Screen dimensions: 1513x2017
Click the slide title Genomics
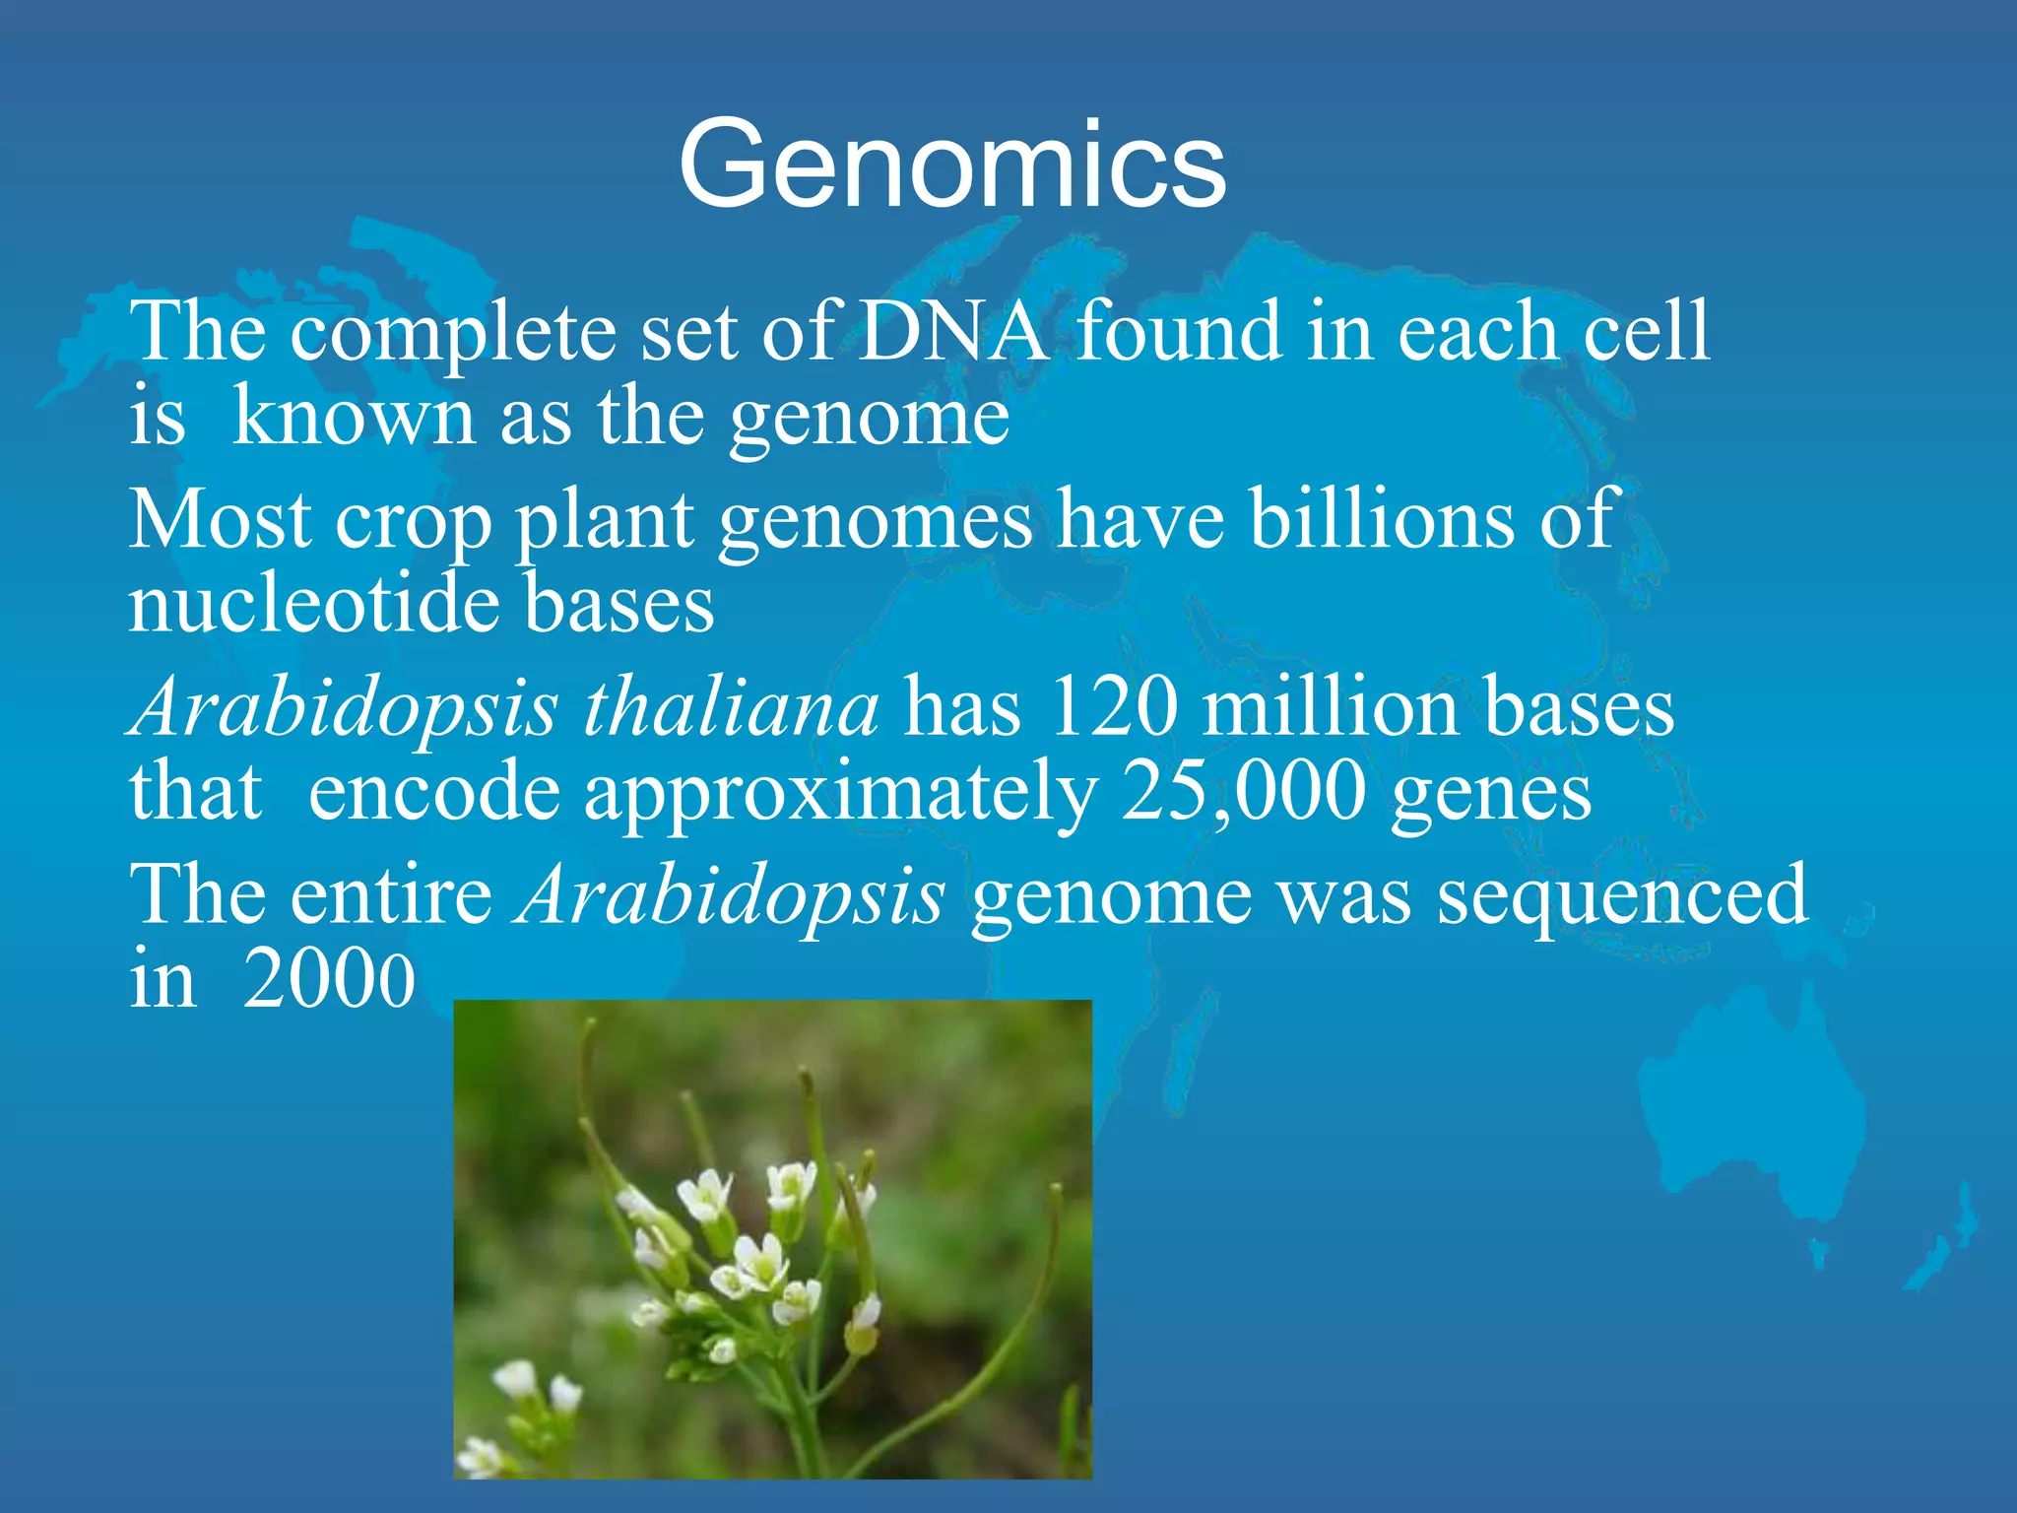pyautogui.click(x=951, y=164)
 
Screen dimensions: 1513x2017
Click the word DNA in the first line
pyautogui.click(x=951, y=332)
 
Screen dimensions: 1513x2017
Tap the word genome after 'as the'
pyautogui.click(x=869, y=418)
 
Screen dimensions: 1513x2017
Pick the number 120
pyautogui.click(x=1113, y=707)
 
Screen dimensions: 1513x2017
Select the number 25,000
pyautogui.click(x=1245, y=792)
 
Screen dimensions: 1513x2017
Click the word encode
pyautogui.click(x=433, y=792)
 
